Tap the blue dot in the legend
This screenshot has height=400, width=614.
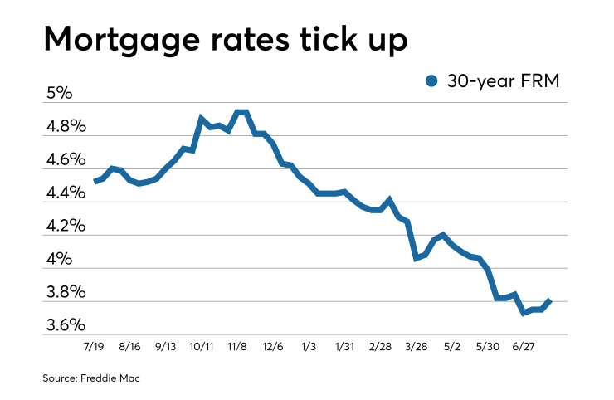[x=431, y=81]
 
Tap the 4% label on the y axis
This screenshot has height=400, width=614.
[x=61, y=259]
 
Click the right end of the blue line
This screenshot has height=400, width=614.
[x=549, y=300]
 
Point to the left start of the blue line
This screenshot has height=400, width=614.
[x=95, y=181]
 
